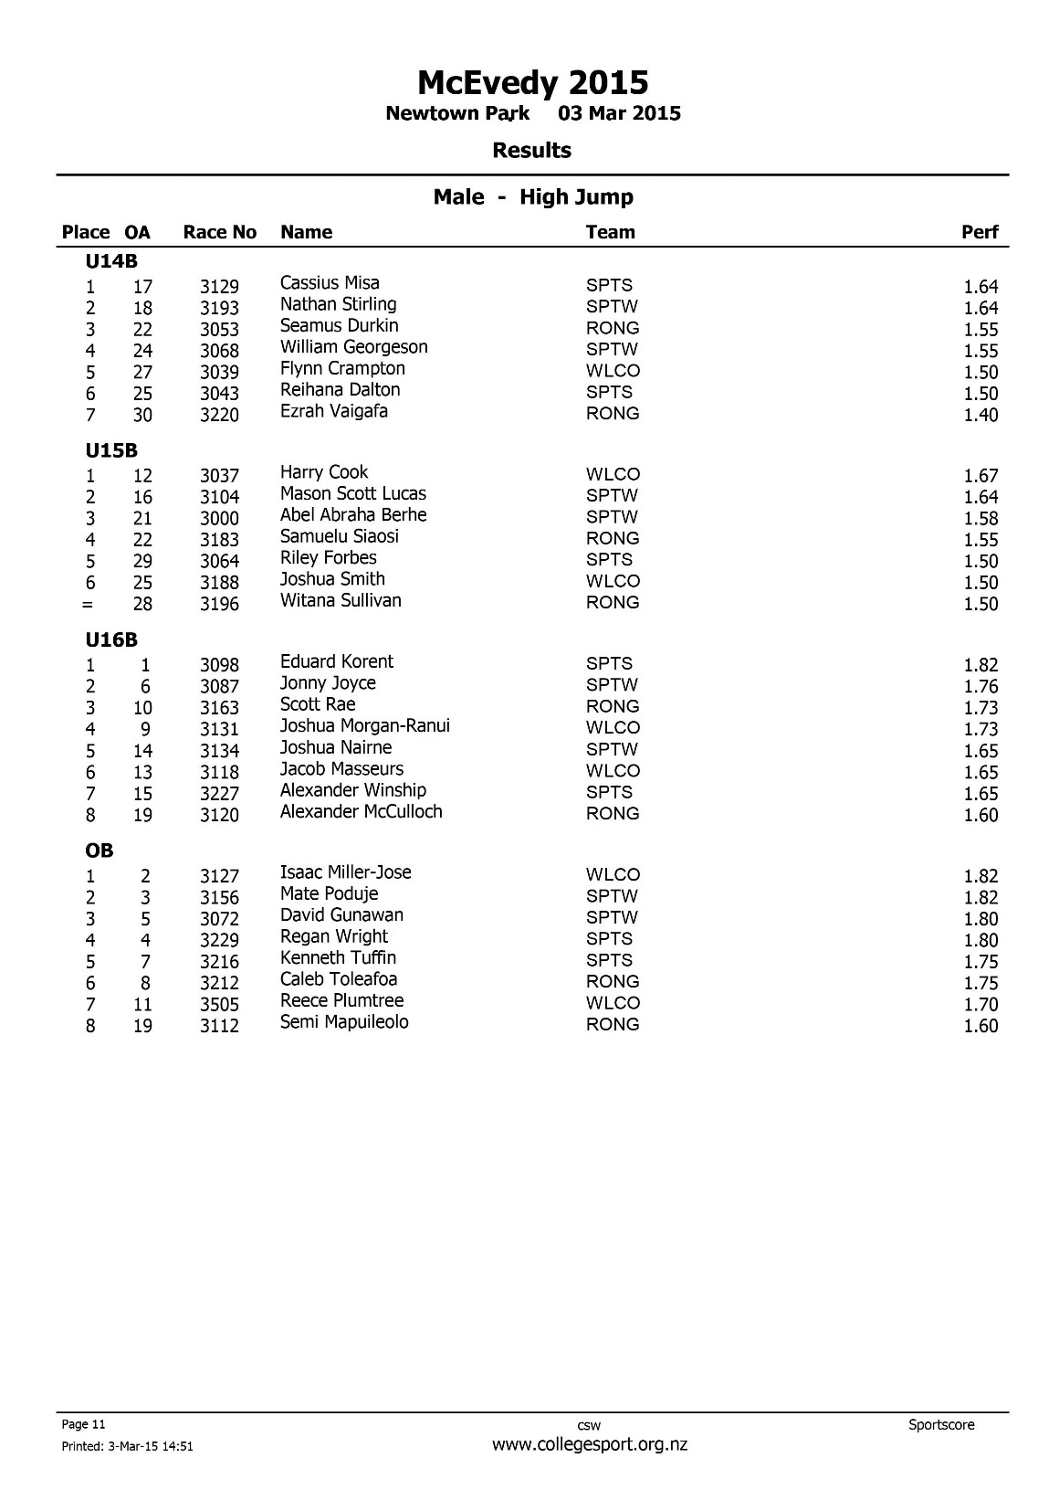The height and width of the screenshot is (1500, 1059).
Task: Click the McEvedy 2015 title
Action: coord(532,83)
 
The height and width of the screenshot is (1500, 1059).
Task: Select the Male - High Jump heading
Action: coord(533,197)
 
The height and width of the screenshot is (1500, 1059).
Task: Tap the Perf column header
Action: coord(980,232)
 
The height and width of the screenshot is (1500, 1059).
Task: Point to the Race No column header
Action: coord(220,232)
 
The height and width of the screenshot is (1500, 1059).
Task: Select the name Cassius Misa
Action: coord(330,283)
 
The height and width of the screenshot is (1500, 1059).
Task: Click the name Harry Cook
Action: coord(324,472)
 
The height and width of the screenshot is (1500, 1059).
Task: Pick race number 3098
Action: coord(219,665)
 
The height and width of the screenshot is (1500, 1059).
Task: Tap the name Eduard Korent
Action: coord(337,661)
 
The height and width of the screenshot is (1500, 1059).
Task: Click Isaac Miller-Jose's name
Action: coord(345,872)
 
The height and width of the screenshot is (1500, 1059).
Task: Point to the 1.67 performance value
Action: coord(980,476)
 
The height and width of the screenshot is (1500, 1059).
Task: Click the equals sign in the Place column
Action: coord(89,605)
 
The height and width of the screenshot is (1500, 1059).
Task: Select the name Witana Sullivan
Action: coord(341,600)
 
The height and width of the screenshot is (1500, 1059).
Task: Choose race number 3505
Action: coord(219,1005)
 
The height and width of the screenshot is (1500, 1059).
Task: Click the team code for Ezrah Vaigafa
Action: coord(613,413)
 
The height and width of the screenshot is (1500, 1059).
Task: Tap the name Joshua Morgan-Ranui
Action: coord(364,725)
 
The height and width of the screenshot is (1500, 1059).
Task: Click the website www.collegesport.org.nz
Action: coord(589,1444)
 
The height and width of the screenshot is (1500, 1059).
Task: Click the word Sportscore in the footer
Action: coord(941,1424)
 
